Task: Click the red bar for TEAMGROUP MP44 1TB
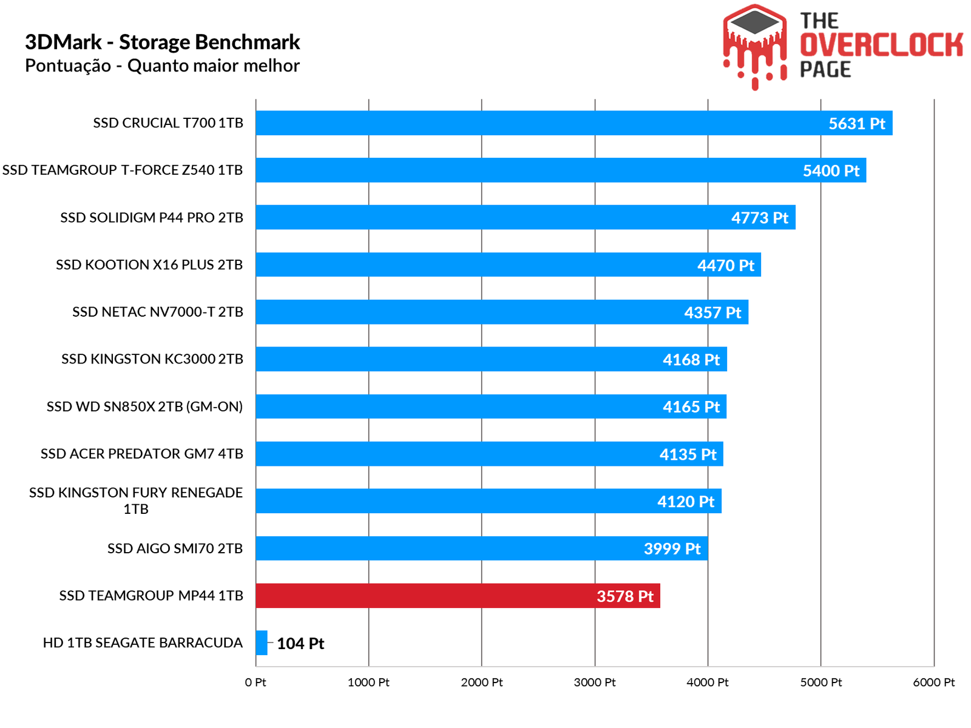pos(425,596)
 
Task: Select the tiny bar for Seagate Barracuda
pos(262,643)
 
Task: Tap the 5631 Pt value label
pos(856,124)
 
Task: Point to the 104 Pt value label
pos(300,644)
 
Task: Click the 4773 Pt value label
pos(759,218)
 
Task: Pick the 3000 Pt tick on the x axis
pos(595,682)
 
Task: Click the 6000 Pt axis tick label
pos(933,682)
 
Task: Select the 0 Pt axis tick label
pos(255,682)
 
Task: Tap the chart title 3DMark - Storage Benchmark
pos(163,42)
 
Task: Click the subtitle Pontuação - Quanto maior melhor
pos(163,66)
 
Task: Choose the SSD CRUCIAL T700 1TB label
pos(168,123)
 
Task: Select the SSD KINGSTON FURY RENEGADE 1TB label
pos(136,500)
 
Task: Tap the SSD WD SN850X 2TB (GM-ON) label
pos(144,406)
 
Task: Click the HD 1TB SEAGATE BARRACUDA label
pos(143,643)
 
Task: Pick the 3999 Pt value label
pos(672,549)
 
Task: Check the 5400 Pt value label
pos(831,171)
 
